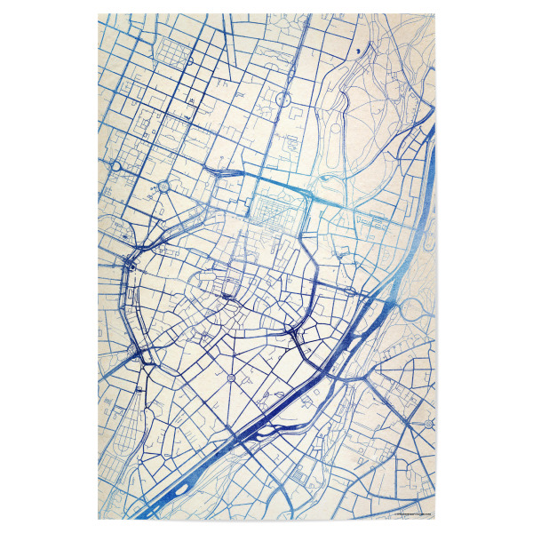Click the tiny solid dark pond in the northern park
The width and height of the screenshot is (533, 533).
tap(358, 52)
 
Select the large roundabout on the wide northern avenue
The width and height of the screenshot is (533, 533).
tap(282, 99)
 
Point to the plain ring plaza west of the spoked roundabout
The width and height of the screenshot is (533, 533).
tap(116, 166)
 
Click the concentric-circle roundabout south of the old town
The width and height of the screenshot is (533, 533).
tap(231, 378)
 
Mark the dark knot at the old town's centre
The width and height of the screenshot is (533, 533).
tap(228, 296)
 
